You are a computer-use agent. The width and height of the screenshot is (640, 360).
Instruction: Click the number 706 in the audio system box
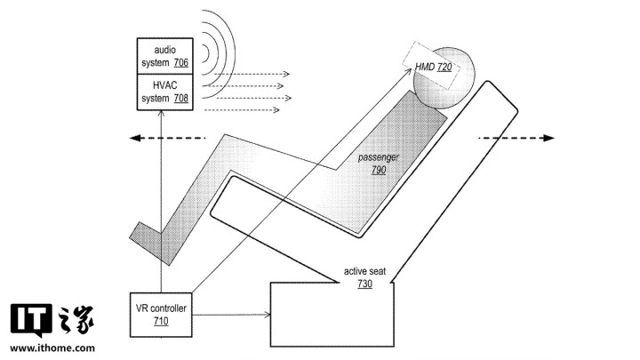tap(180, 63)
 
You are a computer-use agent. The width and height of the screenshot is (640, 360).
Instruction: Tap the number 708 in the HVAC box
tap(180, 99)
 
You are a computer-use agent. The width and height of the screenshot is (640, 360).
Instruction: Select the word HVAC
tap(165, 85)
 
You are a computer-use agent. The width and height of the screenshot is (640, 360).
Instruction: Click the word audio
tap(165, 50)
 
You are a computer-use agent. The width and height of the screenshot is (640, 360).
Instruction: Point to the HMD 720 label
tap(433, 67)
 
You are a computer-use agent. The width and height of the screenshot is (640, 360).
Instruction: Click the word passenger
tap(379, 157)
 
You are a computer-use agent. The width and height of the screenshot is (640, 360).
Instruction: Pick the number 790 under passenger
tap(379, 170)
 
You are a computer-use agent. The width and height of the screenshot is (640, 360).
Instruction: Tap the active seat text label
tap(364, 271)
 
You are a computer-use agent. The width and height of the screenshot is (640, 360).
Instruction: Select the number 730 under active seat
tap(364, 284)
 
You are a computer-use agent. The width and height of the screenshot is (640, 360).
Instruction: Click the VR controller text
tap(161, 308)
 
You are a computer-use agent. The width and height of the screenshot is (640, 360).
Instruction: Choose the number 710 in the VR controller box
tap(161, 321)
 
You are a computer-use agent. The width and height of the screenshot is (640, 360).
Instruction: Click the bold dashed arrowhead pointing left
tap(135, 138)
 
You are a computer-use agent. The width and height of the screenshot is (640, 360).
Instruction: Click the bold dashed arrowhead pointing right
tap(549, 138)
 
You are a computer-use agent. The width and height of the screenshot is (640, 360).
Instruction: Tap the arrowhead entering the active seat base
tap(268, 315)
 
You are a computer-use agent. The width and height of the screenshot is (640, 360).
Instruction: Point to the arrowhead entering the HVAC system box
tap(161, 113)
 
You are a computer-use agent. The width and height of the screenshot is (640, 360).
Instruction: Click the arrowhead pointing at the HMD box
tap(409, 70)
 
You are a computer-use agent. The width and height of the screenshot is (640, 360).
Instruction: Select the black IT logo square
tap(31, 320)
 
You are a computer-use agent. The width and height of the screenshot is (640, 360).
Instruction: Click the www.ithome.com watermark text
tap(52, 348)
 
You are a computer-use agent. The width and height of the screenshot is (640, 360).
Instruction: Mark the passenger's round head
tap(444, 78)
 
